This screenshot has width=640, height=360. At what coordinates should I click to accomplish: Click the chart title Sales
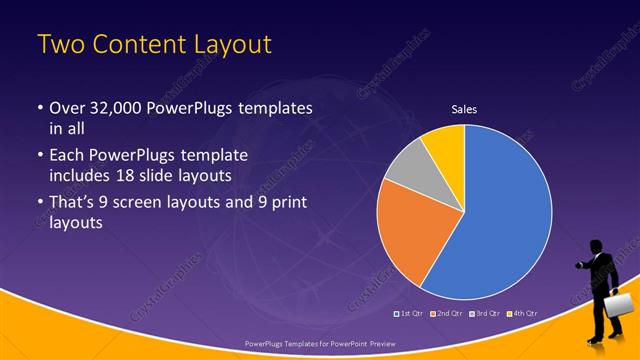463,107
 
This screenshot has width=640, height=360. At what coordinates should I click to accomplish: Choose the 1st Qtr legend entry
411,313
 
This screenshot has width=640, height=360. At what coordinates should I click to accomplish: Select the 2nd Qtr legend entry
446,313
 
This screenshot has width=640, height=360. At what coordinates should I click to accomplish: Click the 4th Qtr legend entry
520,313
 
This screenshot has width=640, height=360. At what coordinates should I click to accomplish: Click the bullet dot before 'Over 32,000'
39,108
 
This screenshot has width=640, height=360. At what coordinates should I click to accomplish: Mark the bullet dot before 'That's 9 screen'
39,205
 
